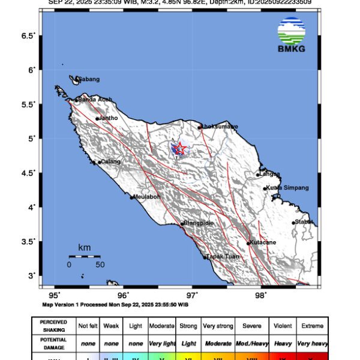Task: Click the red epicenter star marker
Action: (179, 148)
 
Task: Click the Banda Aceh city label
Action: (95, 100)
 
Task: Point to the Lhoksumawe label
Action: (220, 127)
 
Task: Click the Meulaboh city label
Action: (148, 196)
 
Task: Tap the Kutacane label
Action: (263, 242)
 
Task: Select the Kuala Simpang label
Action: (288, 188)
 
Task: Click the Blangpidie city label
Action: (199, 223)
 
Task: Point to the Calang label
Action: (111, 161)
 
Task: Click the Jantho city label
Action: (109, 118)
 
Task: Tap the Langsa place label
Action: (270, 174)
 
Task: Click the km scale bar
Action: (84, 256)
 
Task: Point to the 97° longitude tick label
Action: (192, 295)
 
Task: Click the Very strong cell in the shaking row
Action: (217, 326)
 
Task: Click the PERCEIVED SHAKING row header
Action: (53, 326)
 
